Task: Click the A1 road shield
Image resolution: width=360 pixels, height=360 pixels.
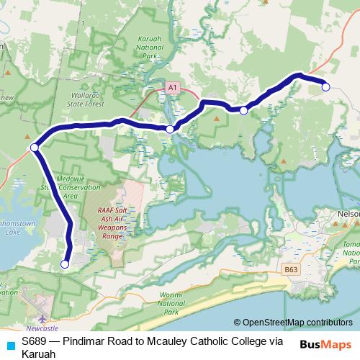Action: coord(171,86)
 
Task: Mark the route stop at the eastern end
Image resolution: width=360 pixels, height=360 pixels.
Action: coord(325,87)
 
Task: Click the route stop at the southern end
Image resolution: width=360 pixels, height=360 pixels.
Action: coord(65,264)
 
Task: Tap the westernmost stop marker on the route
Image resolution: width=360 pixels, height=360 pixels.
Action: coord(34,148)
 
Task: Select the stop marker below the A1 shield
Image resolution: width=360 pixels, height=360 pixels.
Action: coord(169,130)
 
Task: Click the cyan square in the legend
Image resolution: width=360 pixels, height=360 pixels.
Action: coord(10,345)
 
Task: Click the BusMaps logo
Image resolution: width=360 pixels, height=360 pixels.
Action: coord(325,344)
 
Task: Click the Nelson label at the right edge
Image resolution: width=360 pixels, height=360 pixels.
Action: coord(348,214)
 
